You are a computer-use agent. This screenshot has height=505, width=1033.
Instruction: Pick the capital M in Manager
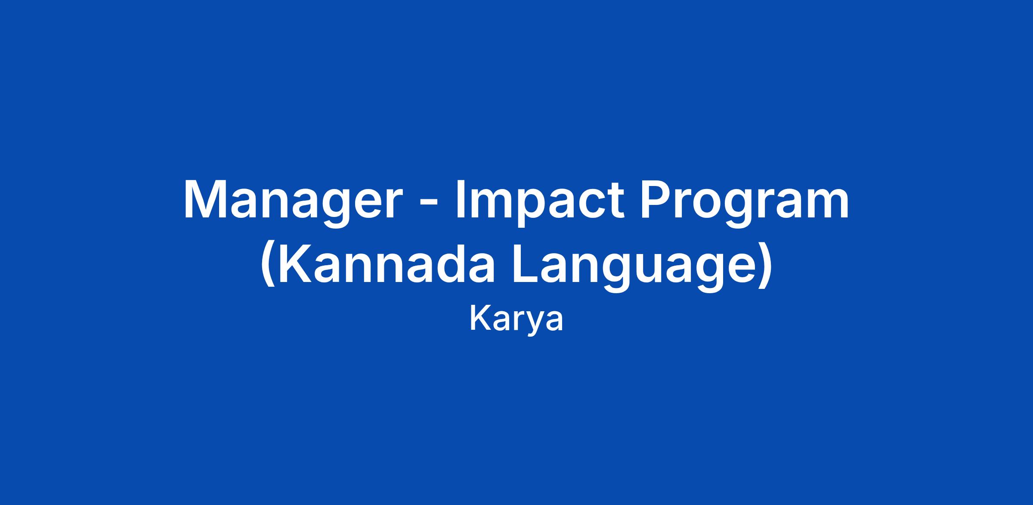click(x=204, y=199)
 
